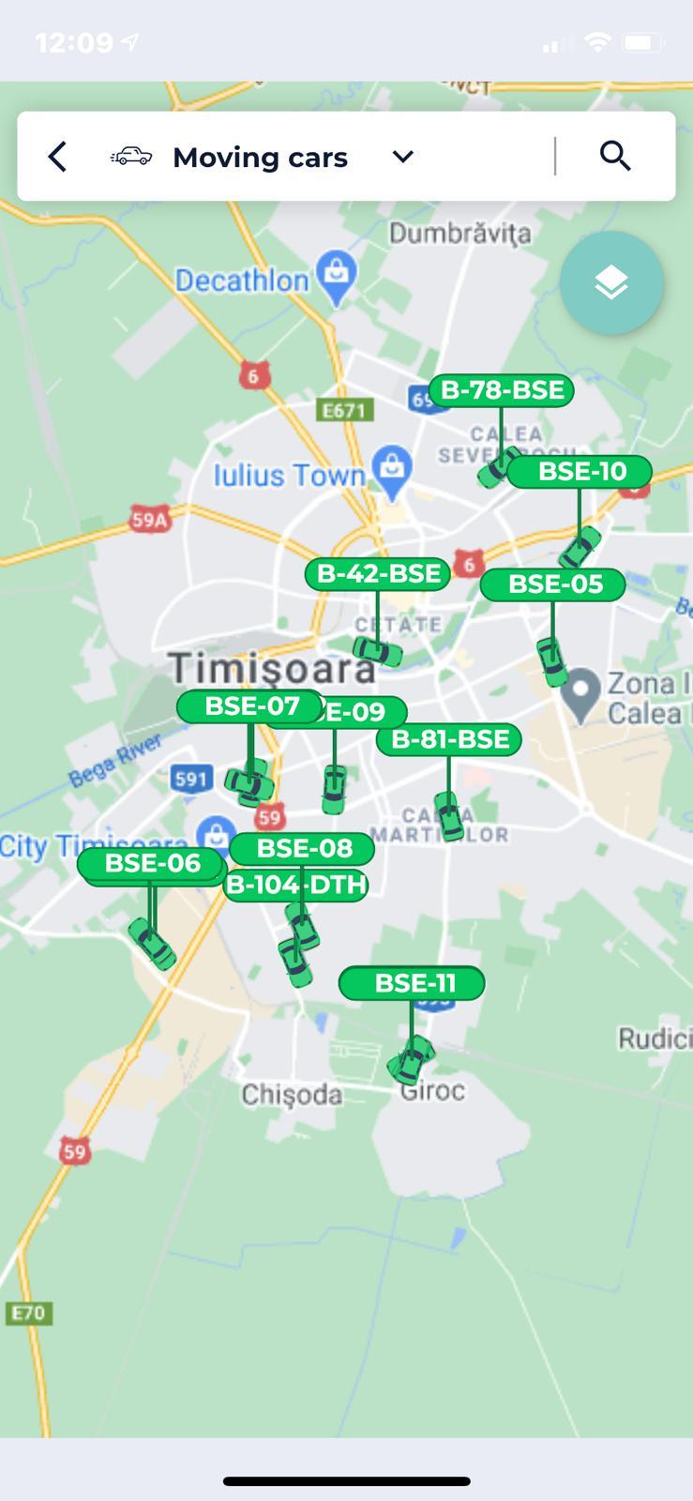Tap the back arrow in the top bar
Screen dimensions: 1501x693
click(57, 157)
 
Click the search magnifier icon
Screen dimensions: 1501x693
click(615, 156)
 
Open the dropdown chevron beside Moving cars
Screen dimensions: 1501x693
click(403, 157)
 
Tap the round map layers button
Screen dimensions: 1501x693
click(611, 282)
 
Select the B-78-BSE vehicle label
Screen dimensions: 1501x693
click(502, 390)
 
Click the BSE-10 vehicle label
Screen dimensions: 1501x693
click(580, 471)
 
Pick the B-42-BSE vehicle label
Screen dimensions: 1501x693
click(378, 574)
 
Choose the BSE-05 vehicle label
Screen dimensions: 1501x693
click(553, 584)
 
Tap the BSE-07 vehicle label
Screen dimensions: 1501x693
click(250, 706)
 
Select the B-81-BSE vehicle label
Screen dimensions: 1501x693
click(449, 739)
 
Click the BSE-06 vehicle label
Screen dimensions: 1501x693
click(152, 864)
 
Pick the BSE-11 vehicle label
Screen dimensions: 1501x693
click(413, 983)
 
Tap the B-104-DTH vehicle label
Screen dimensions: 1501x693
click(296, 885)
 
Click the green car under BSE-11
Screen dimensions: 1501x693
click(411, 1060)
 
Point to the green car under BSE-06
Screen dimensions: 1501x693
click(152, 943)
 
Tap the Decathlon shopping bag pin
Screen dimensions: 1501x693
click(336, 274)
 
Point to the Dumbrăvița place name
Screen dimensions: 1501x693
click(459, 233)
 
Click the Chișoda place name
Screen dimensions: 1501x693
click(292, 1095)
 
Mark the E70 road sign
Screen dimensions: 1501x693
click(28, 1312)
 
